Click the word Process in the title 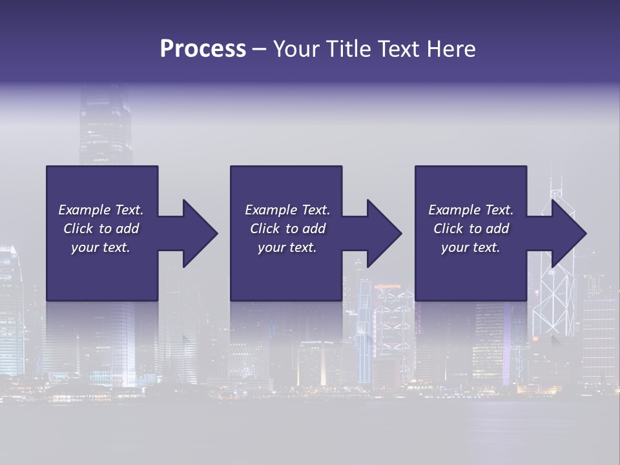[203, 49]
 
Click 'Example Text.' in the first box [101, 210]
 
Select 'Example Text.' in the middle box [287, 210]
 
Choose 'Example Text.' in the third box [471, 210]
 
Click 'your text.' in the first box [101, 247]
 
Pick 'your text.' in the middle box [287, 247]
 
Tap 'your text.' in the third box [471, 247]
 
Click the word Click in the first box [78, 229]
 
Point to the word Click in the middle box [265, 229]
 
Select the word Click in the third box [448, 229]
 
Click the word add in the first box [127, 229]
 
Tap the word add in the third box [497, 229]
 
